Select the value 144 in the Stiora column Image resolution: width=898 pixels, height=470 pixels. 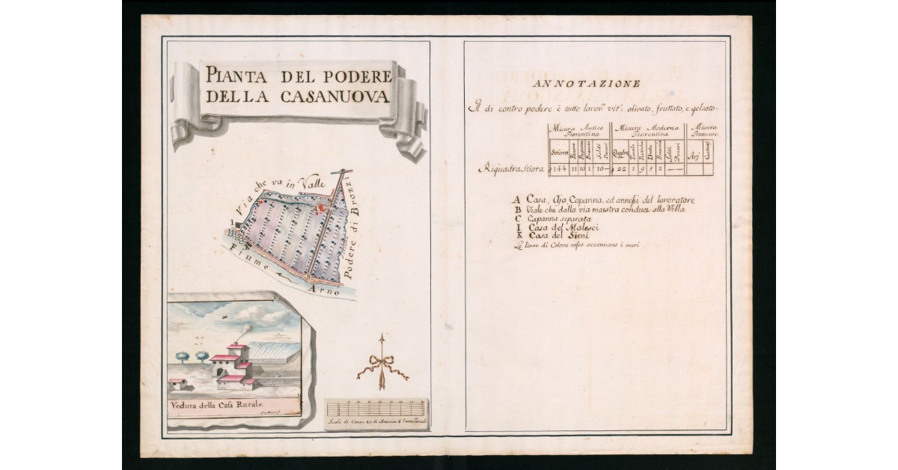click(558, 169)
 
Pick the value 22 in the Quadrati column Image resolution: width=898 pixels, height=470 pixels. click(620, 169)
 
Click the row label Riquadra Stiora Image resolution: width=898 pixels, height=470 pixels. click(512, 169)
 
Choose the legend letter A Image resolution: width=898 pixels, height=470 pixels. click(516, 201)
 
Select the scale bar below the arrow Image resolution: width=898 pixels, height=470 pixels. click(376, 409)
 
